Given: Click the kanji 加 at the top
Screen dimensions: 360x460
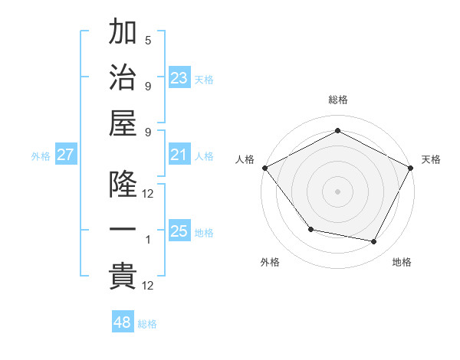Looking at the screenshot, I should pos(123,34).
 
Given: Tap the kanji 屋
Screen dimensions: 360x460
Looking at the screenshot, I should pos(123,123).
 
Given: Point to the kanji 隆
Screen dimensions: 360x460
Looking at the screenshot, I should pos(123,185).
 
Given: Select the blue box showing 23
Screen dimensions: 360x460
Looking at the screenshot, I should pos(179,77).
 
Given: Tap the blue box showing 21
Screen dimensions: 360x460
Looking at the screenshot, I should pos(179,155).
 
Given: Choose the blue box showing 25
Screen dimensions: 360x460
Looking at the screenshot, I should pos(179,231).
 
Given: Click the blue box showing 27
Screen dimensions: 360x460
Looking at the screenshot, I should pos(65,155).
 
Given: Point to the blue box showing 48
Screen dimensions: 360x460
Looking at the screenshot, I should pos(123,322).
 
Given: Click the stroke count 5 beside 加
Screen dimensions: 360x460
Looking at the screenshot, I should pos(148,41).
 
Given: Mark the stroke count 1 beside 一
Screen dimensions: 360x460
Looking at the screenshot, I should pos(148,240).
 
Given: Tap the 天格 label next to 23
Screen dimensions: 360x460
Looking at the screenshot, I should pos(204,80).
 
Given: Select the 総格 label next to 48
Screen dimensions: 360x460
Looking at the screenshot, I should pos(147,325).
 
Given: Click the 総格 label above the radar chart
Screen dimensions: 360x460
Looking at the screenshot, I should pos(337,100).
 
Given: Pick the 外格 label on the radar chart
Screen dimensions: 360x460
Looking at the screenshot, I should pos(270,262).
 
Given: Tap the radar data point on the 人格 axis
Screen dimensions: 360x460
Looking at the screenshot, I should pos(264,167).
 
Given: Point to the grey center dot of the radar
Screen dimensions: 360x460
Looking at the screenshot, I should pos(337,191).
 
